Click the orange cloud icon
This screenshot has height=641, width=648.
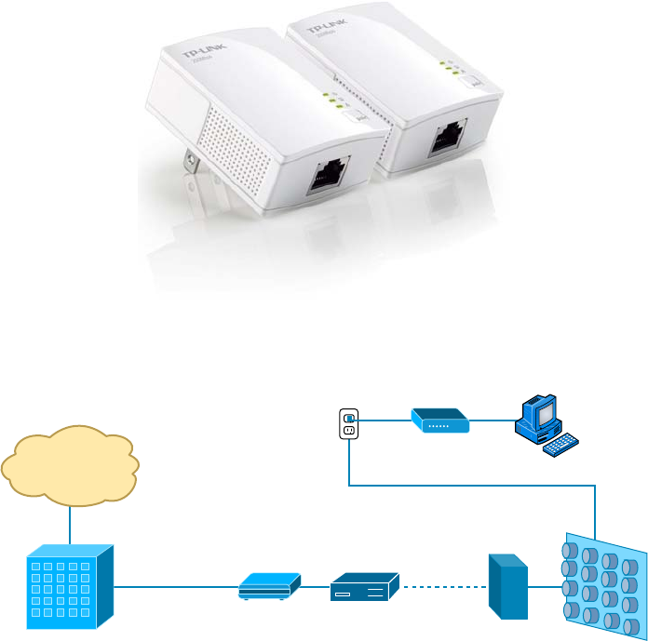tap(70, 465)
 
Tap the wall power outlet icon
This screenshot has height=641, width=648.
tap(349, 424)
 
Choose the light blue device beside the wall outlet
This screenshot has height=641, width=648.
tap(440, 421)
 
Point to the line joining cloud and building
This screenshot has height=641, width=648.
tap(70, 525)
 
